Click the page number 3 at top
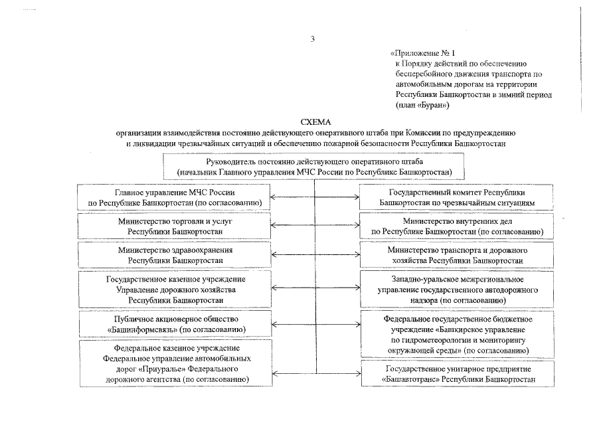[x=313, y=38]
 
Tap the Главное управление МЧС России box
[x=175, y=197]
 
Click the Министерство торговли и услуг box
[x=175, y=226]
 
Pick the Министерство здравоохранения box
[x=175, y=255]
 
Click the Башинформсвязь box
[x=175, y=324]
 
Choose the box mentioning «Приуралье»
[x=175, y=363]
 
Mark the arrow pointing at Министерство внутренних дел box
[x=348, y=226]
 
